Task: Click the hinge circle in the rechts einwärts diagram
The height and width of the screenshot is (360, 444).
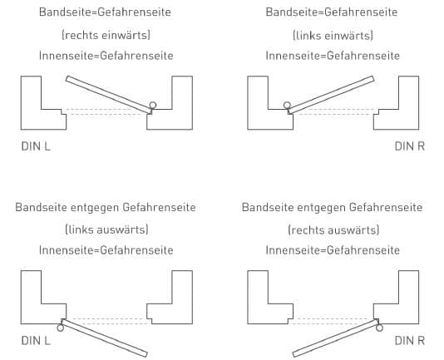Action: click(153, 106)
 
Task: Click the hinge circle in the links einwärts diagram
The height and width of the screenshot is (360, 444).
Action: click(287, 106)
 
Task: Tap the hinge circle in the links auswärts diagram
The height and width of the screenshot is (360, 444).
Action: click(61, 328)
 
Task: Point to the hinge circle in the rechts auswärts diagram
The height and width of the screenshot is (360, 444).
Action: click(379, 328)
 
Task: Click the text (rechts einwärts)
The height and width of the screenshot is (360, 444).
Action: click(106, 35)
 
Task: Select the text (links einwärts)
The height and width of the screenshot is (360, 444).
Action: click(333, 36)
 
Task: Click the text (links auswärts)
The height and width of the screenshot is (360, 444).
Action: click(106, 229)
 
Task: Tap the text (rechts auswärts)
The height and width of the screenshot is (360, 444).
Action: click(333, 229)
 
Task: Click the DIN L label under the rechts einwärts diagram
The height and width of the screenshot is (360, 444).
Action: click(36, 146)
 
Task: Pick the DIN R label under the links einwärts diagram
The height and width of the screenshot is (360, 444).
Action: click(409, 146)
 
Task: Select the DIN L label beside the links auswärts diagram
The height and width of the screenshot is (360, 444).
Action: click(36, 340)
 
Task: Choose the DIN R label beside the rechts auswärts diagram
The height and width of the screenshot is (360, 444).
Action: click(409, 340)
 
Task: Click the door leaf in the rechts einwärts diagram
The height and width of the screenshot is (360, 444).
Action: click(109, 95)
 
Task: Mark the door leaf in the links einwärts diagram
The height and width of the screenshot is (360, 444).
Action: click(331, 95)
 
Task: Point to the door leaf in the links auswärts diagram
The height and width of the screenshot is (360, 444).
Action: click(104, 338)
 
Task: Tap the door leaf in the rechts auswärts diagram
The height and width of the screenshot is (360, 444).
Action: click(336, 338)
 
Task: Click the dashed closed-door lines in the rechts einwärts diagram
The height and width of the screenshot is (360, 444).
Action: click(106, 111)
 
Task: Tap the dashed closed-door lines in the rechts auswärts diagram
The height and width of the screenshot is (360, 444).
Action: click(333, 321)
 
